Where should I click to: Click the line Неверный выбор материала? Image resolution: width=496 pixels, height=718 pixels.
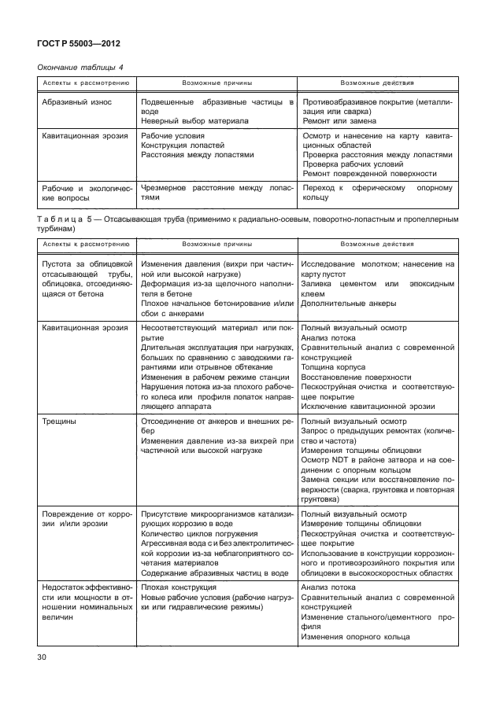point(195,122)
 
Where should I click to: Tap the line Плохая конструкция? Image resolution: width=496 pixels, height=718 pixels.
point(178,587)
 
